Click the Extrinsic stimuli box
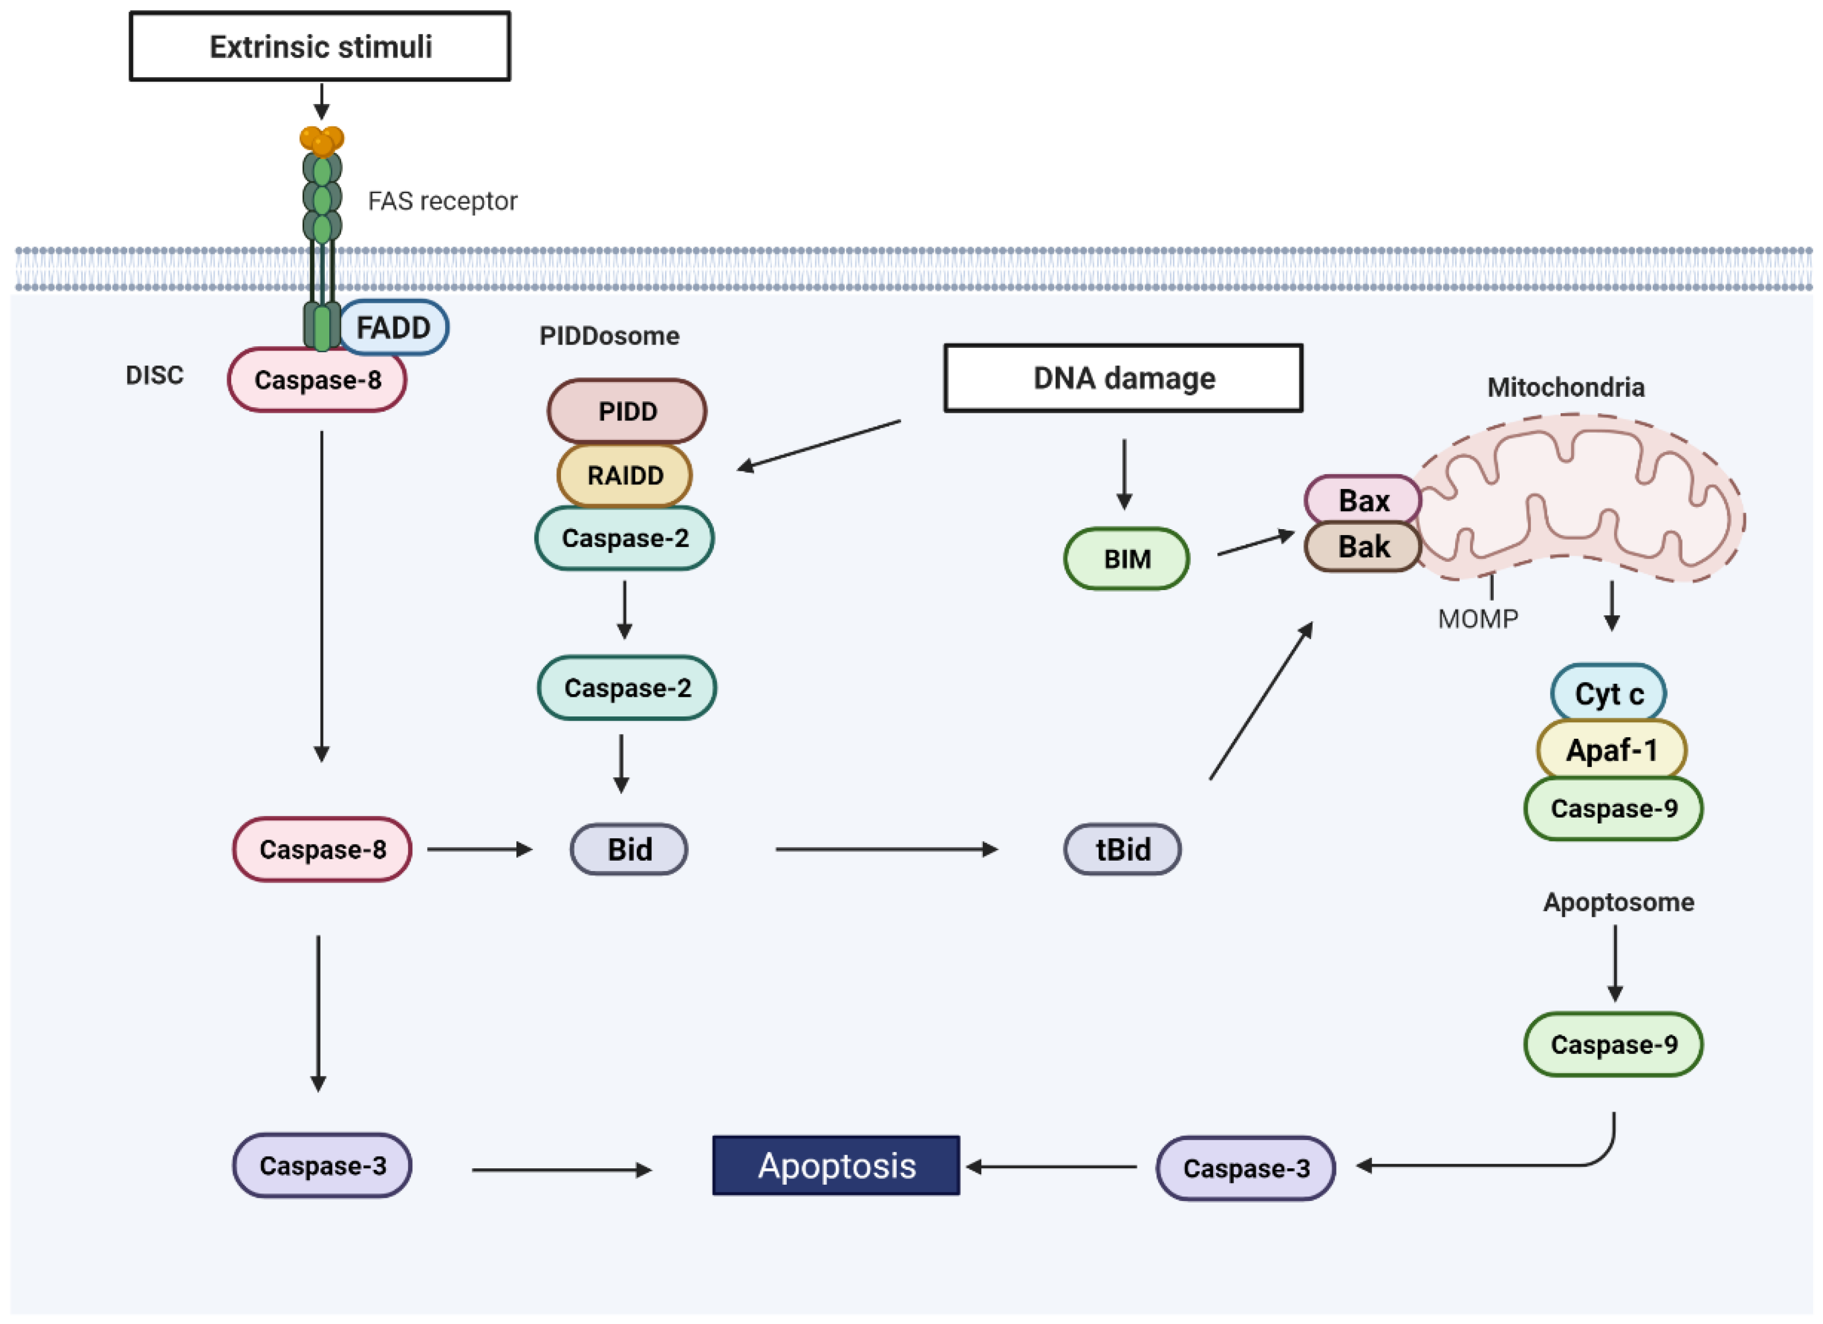320,46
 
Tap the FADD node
394,327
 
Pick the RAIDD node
625,475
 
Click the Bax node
1363,500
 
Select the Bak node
1363,547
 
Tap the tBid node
1122,849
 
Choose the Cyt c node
1609,693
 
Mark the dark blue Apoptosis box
836,1165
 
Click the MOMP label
1477,618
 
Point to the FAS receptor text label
442,200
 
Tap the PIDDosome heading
609,335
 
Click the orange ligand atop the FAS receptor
322,140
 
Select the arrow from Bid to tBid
886,849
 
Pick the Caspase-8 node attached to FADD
317,379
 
